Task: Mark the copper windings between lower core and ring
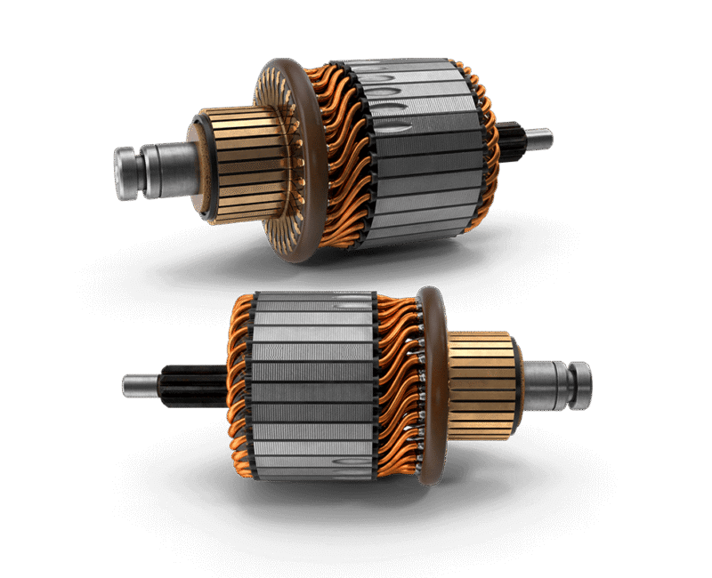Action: pyautogui.click(x=396, y=382)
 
